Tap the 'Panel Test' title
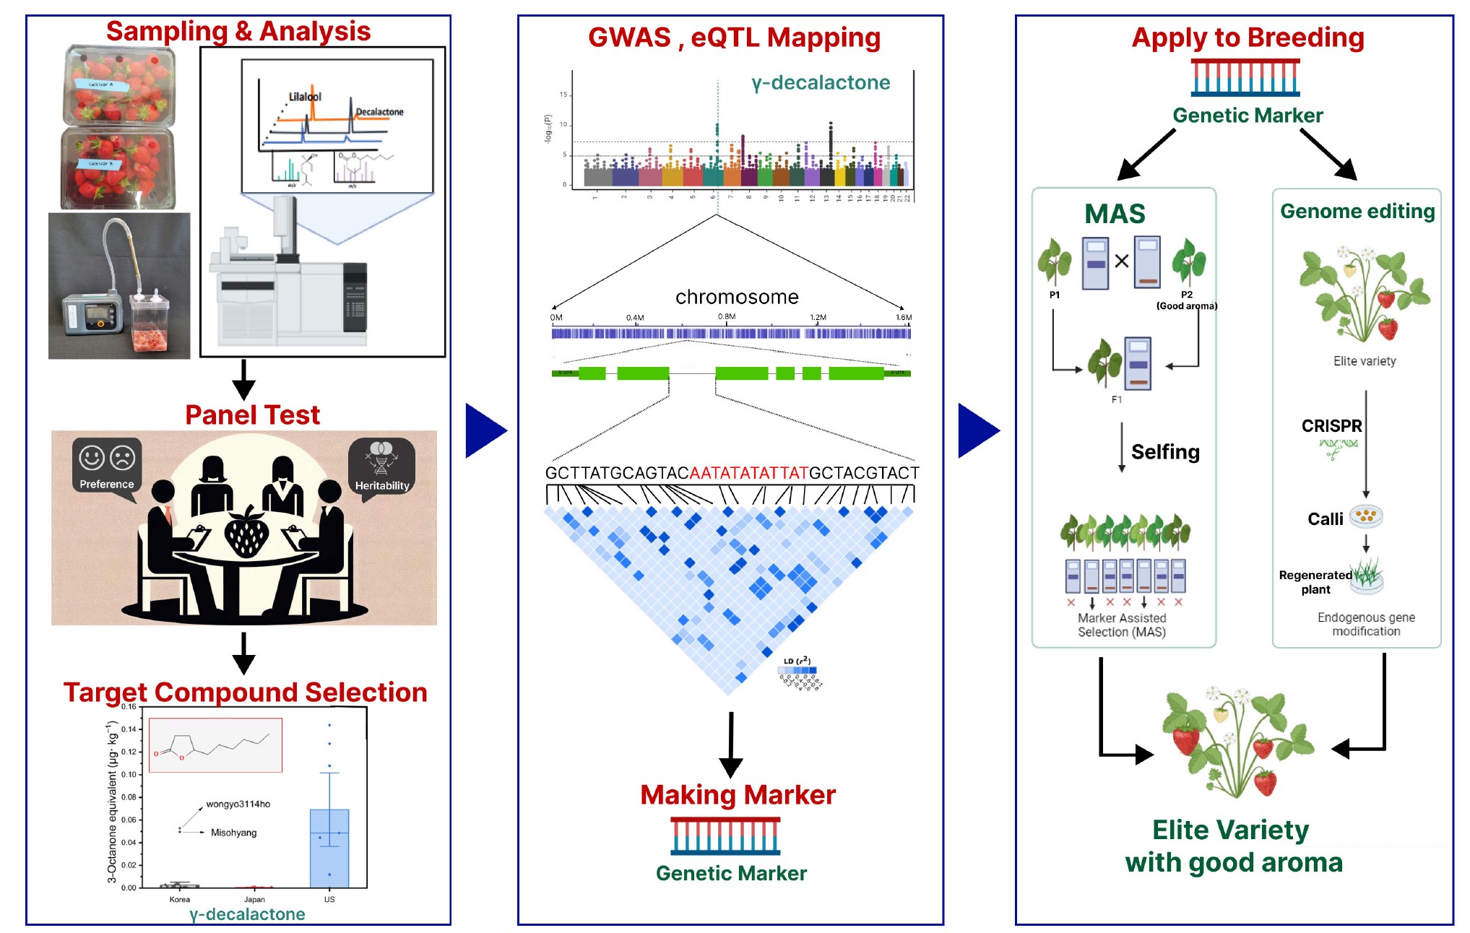click(x=252, y=415)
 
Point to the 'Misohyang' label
click(x=233, y=833)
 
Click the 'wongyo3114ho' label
click(x=238, y=804)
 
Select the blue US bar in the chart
click(x=329, y=848)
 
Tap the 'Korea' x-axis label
click(x=180, y=899)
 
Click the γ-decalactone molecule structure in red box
click(x=215, y=745)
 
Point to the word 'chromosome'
click(x=737, y=297)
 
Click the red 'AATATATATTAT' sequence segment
click(x=749, y=473)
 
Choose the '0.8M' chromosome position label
click(x=727, y=316)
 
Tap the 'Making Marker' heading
click(x=738, y=794)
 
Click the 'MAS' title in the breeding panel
click(x=1115, y=214)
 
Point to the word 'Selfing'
click(x=1165, y=452)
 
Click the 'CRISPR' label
click(x=1331, y=426)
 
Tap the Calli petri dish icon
click(x=1365, y=516)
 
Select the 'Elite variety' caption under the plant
click(x=1365, y=361)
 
